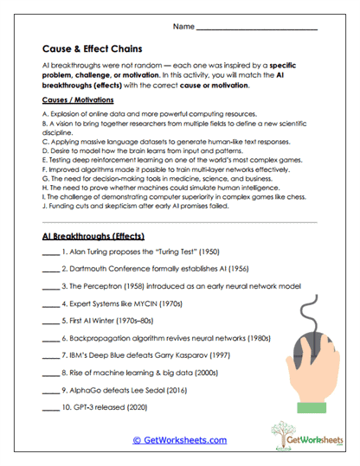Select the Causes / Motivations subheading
[79, 101]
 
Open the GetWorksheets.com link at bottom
[179, 440]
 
